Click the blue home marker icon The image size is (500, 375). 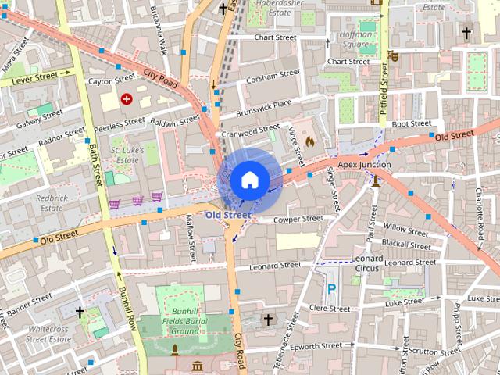click(249, 180)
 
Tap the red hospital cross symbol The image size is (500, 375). click(127, 98)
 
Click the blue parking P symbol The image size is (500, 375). click(331, 288)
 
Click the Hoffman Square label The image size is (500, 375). click(355, 39)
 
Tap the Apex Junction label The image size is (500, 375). click(364, 165)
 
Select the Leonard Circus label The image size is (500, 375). click(367, 263)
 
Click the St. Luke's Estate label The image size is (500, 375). click(125, 154)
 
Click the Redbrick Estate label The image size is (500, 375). click(51, 203)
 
